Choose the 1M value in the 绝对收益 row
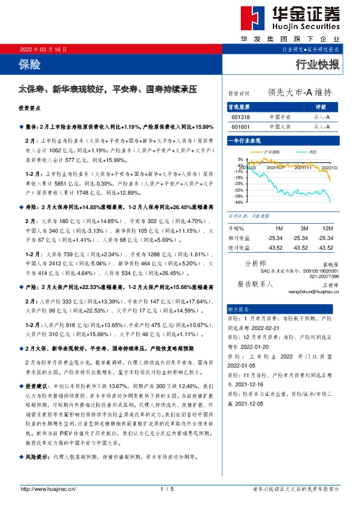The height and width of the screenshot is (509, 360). (x=279, y=247)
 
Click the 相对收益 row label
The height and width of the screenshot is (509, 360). (x=238, y=238)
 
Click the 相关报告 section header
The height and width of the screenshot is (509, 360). (x=238, y=308)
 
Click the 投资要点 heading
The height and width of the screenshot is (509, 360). (x=29, y=109)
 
